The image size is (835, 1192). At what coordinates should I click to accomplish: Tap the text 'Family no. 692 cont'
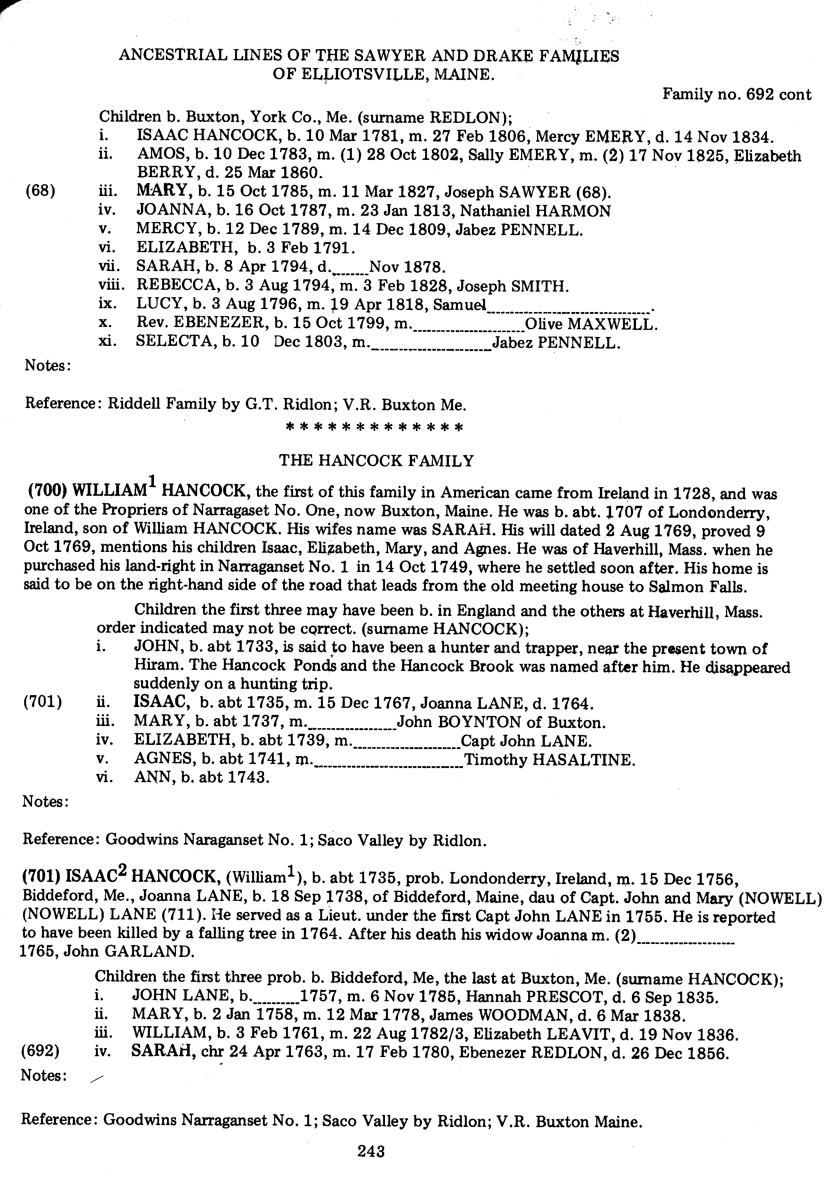[736, 94]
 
